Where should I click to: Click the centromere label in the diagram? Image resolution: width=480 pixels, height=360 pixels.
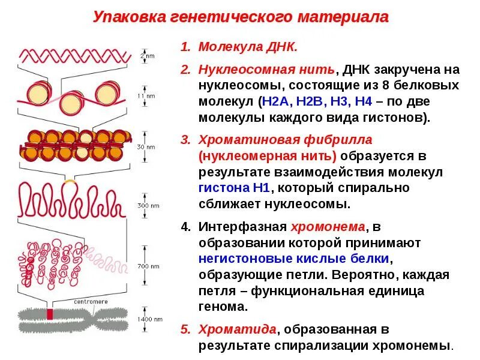click(x=90, y=301)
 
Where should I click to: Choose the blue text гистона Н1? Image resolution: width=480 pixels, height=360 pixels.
click(x=235, y=188)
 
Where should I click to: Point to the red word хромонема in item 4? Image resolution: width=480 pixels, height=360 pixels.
click(x=328, y=227)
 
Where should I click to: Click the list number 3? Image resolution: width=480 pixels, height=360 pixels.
click(x=185, y=140)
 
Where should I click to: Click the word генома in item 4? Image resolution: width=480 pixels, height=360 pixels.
click(x=222, y=307)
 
